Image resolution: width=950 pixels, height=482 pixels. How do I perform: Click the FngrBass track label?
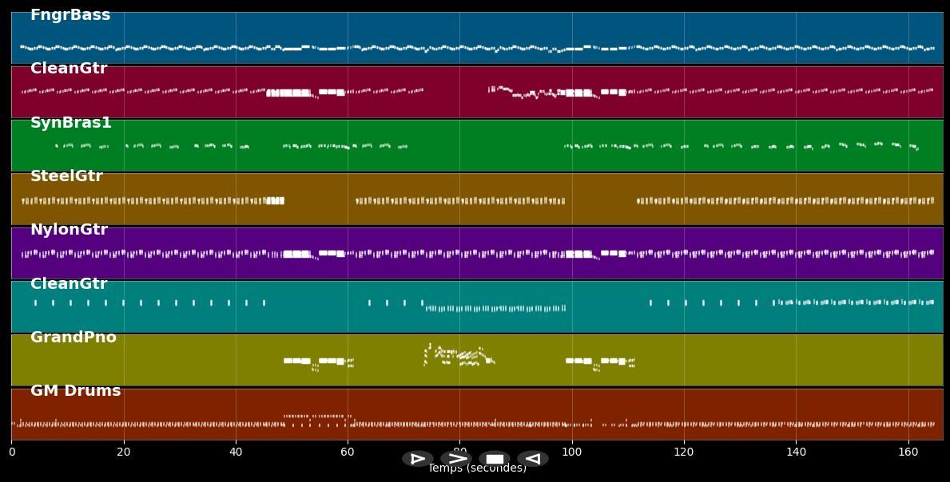(70, 15)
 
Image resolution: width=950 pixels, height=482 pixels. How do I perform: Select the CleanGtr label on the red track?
(69, 69)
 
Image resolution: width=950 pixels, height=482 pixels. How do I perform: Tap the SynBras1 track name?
(71, 123)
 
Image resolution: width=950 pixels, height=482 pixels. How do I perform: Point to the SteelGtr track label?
(66, 176)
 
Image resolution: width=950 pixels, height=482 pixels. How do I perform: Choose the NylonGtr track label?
(69, 230)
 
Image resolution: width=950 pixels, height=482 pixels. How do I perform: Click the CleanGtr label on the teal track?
(69, 284)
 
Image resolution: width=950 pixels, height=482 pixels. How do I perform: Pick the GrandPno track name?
(74, 338)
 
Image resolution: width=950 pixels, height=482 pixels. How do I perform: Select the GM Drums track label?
(76, 391)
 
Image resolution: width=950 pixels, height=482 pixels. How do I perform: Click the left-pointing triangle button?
(533, 459)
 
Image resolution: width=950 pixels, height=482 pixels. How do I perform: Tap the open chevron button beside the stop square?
(456, 459)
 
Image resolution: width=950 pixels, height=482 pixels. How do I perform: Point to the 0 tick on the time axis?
(12, 452)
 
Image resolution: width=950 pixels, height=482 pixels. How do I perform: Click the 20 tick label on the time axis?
(124, 452)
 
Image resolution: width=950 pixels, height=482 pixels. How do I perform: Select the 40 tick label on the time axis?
(236, 452)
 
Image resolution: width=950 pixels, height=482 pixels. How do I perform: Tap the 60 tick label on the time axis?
(348, 452)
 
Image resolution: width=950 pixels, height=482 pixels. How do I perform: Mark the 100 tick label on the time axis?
(572, 452)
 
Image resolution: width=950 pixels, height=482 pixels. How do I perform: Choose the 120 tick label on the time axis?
(684, 452)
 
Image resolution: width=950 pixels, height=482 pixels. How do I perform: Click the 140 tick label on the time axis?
(796, 452)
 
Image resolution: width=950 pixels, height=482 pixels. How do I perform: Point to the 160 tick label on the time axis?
(908, 452)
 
